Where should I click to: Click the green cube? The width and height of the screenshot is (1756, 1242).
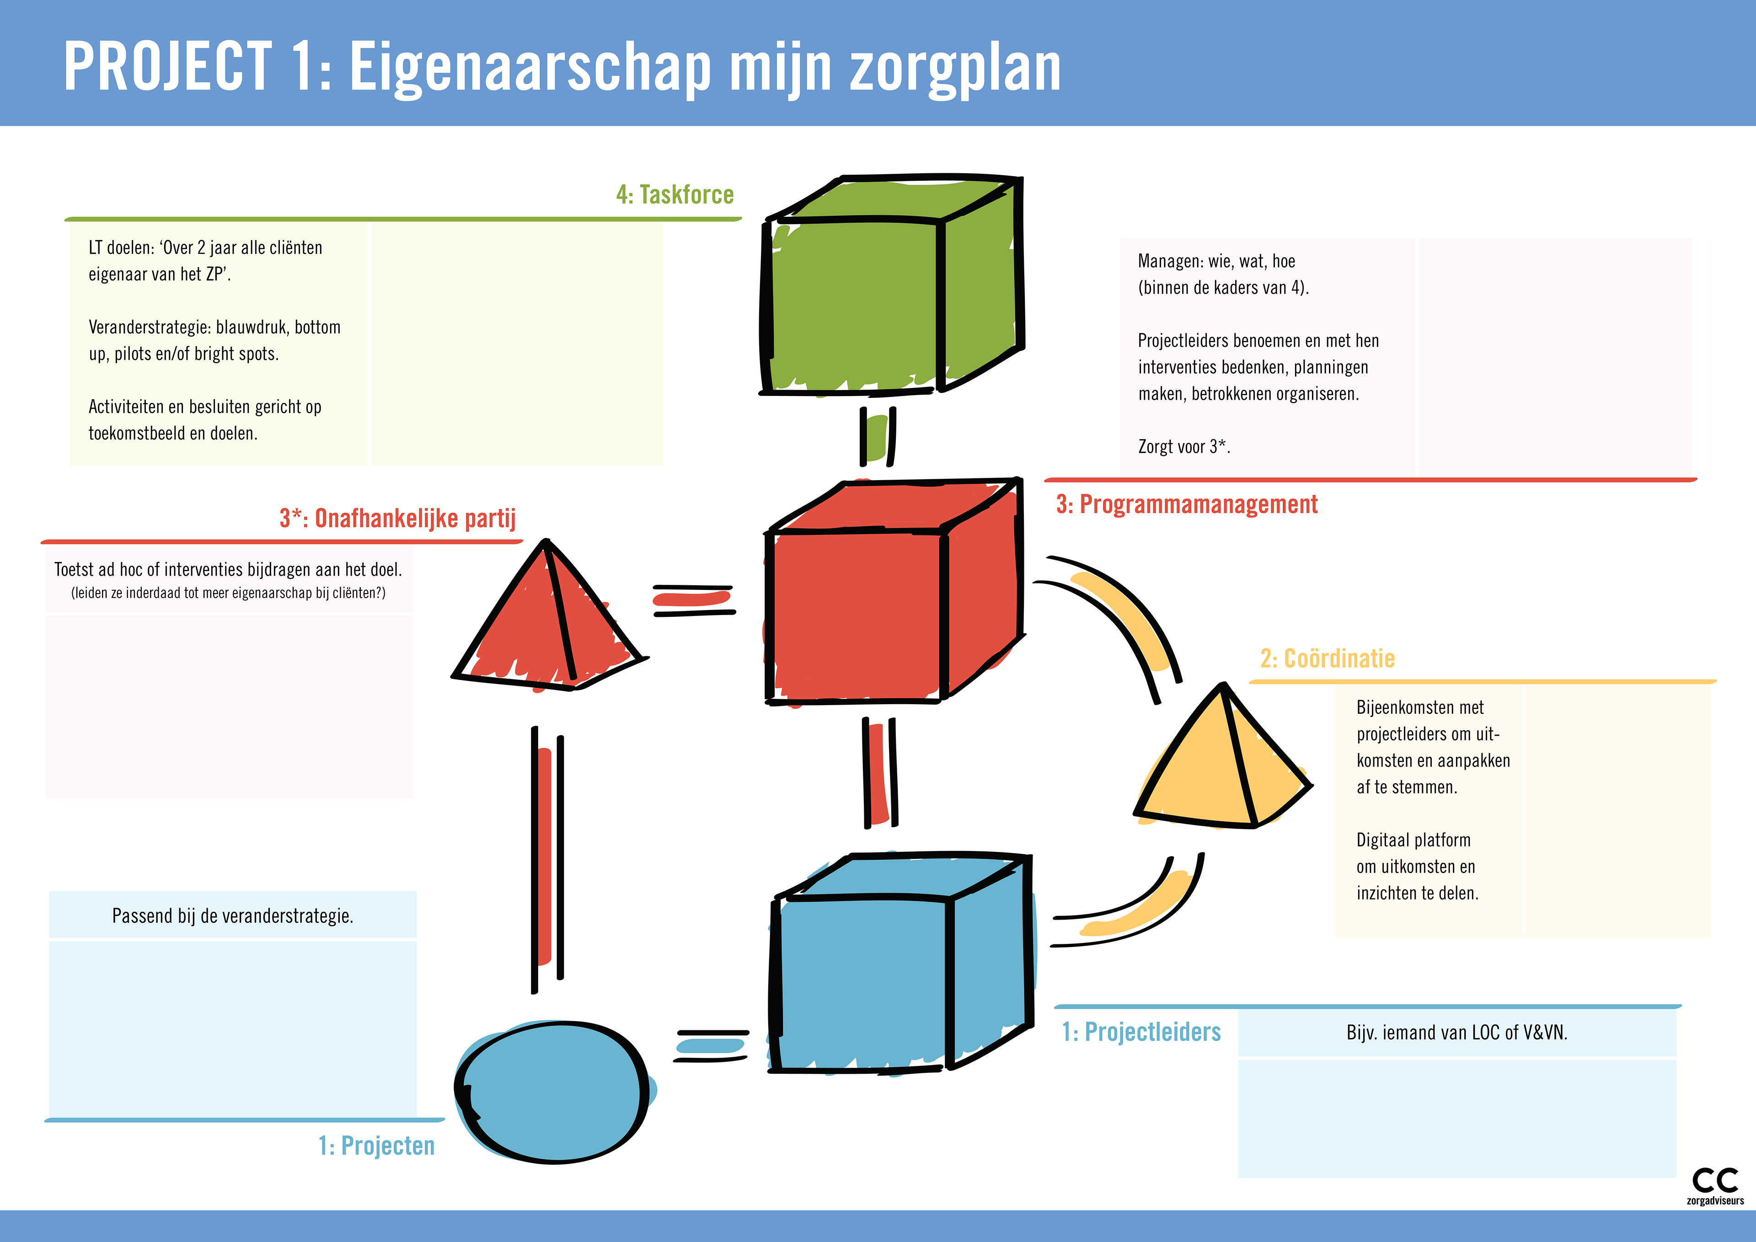tap(891, 287)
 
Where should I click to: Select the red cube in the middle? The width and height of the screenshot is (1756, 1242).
tap(891, 593)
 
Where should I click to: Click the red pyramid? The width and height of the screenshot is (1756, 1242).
tap(547, 620)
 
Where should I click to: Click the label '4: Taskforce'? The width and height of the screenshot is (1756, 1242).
tap(675, 195)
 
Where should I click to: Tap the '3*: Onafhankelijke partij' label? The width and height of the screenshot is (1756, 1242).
tap(398, 519)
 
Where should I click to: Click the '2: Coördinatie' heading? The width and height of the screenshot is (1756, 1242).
tap(1327, 658)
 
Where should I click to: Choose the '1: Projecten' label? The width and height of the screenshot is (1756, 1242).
tap(376, 1146)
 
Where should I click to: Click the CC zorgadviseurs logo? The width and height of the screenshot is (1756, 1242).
tap(1715, 1185)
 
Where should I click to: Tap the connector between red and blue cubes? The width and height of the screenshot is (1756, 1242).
tap(879, 772)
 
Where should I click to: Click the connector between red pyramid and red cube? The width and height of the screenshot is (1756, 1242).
tap(693, 600)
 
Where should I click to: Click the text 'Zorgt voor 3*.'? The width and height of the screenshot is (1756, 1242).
tap(1183, 447)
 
